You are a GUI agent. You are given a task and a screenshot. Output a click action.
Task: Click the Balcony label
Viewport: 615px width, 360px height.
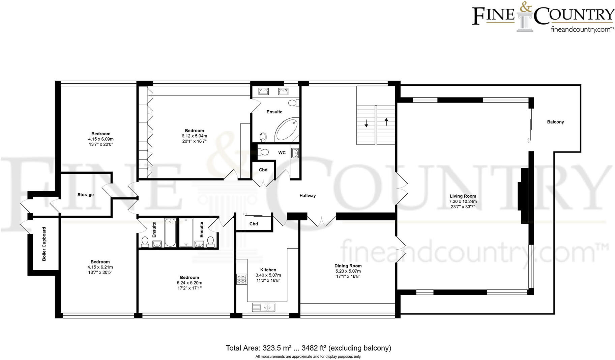(x=555, y=122)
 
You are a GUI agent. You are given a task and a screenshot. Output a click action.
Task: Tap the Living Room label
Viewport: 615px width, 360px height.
(x=463, y=196)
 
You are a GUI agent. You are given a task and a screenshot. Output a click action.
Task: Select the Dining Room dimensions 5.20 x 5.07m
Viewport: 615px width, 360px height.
(x=348, y=271)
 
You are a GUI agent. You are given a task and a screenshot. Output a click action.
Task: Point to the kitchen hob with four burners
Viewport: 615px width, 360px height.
(x=241, y=279)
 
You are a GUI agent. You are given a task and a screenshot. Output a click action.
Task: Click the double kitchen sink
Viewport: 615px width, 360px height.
(x=264, y=307)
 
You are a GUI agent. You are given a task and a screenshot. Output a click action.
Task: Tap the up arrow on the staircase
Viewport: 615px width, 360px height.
(x=386, y=121)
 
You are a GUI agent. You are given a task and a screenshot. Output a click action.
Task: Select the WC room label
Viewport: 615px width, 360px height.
(x=282, y=153)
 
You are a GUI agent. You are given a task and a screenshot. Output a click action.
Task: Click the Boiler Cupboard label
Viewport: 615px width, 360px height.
(x=44, y=244)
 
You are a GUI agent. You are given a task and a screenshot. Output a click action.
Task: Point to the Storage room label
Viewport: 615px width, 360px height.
(x=85, y=195)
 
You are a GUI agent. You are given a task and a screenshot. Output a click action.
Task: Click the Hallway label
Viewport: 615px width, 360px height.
(x=307, y=195)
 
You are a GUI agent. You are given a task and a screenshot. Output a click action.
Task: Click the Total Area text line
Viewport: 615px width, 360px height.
(x=308, y=348)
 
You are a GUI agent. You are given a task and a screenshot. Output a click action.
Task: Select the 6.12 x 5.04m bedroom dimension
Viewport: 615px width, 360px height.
(x=194, y=136)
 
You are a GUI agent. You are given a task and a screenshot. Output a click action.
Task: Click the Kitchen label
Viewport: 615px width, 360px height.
(x=268, y=270)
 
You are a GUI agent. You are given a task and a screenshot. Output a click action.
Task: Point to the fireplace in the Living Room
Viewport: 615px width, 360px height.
(x=524, y=196)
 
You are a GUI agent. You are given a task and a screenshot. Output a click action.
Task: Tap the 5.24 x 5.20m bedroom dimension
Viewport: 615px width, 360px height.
(x=189, y=283)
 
